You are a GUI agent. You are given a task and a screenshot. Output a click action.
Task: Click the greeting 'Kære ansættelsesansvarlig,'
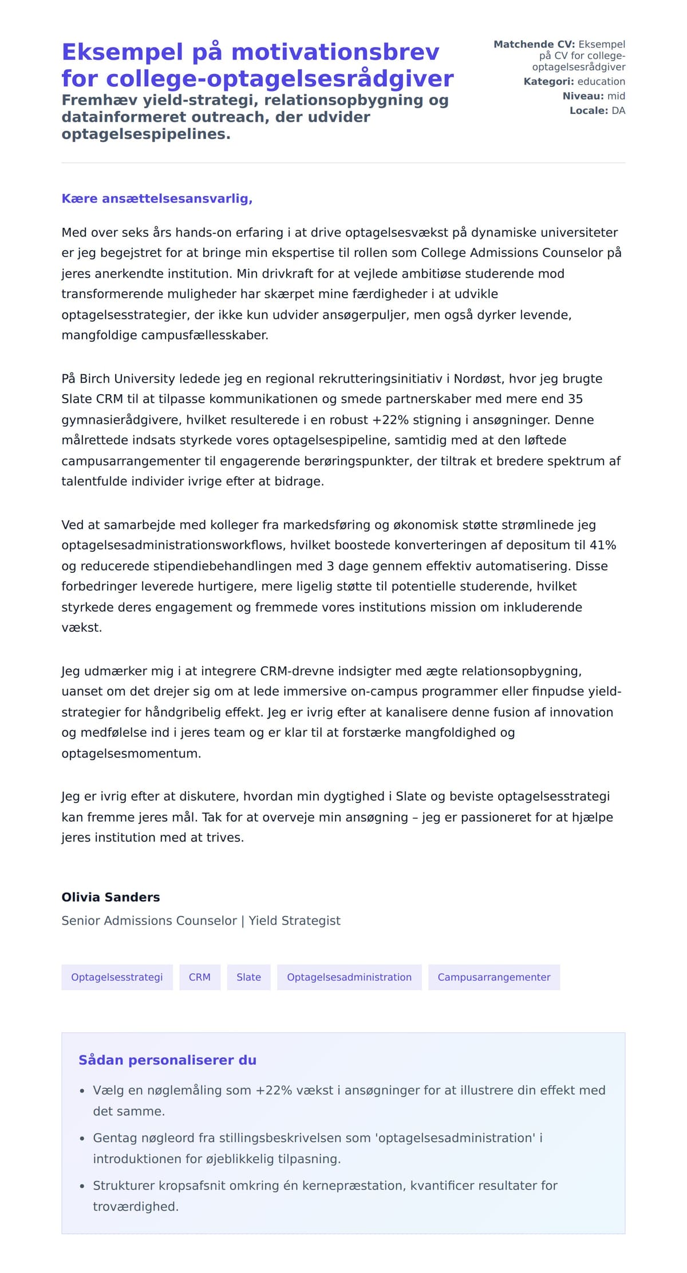157,199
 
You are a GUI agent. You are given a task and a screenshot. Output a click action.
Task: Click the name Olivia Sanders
110,897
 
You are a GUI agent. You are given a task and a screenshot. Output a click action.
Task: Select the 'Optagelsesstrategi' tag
117,977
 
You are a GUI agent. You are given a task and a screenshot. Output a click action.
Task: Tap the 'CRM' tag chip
199,977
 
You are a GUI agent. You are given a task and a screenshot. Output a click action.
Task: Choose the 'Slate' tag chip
248,977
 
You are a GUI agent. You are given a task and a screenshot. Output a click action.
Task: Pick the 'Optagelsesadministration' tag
349,977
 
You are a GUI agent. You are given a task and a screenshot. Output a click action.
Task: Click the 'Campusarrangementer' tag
493,977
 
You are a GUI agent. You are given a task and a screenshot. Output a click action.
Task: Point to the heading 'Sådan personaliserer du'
167,1060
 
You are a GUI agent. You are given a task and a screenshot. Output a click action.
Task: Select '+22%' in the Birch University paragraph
392,420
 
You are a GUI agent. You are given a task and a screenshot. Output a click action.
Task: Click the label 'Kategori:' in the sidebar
548,82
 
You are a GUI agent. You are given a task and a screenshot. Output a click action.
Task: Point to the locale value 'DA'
618,110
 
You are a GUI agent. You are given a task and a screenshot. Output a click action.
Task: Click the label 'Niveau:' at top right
583,96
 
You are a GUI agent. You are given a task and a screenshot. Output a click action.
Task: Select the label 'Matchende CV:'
534,45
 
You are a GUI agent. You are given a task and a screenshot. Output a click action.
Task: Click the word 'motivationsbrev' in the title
335,52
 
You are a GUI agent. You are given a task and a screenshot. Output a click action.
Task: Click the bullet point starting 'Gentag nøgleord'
318,1138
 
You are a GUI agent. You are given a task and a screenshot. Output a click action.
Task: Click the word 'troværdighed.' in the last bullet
136,1206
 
